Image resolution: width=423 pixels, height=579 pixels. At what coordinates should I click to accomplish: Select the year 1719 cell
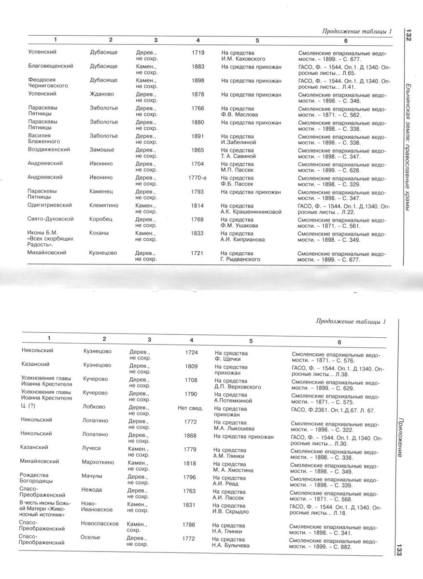(x=197, y=52)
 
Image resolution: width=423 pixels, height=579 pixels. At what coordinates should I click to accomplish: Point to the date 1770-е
(x=197, y=178)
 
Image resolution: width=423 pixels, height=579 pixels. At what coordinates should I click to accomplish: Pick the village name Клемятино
(x=104, y=206)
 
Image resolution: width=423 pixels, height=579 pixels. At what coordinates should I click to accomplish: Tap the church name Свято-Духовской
(x=51, y=219)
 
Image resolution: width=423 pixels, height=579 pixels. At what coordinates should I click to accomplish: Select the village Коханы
(x=99, y=233)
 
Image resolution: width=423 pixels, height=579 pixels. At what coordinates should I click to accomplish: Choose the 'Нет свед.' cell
(x=190, y=408)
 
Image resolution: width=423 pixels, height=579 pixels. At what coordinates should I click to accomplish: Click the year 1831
(x=190, y=504)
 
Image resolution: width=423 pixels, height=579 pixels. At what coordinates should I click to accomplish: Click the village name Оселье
(x=92, y=538)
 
